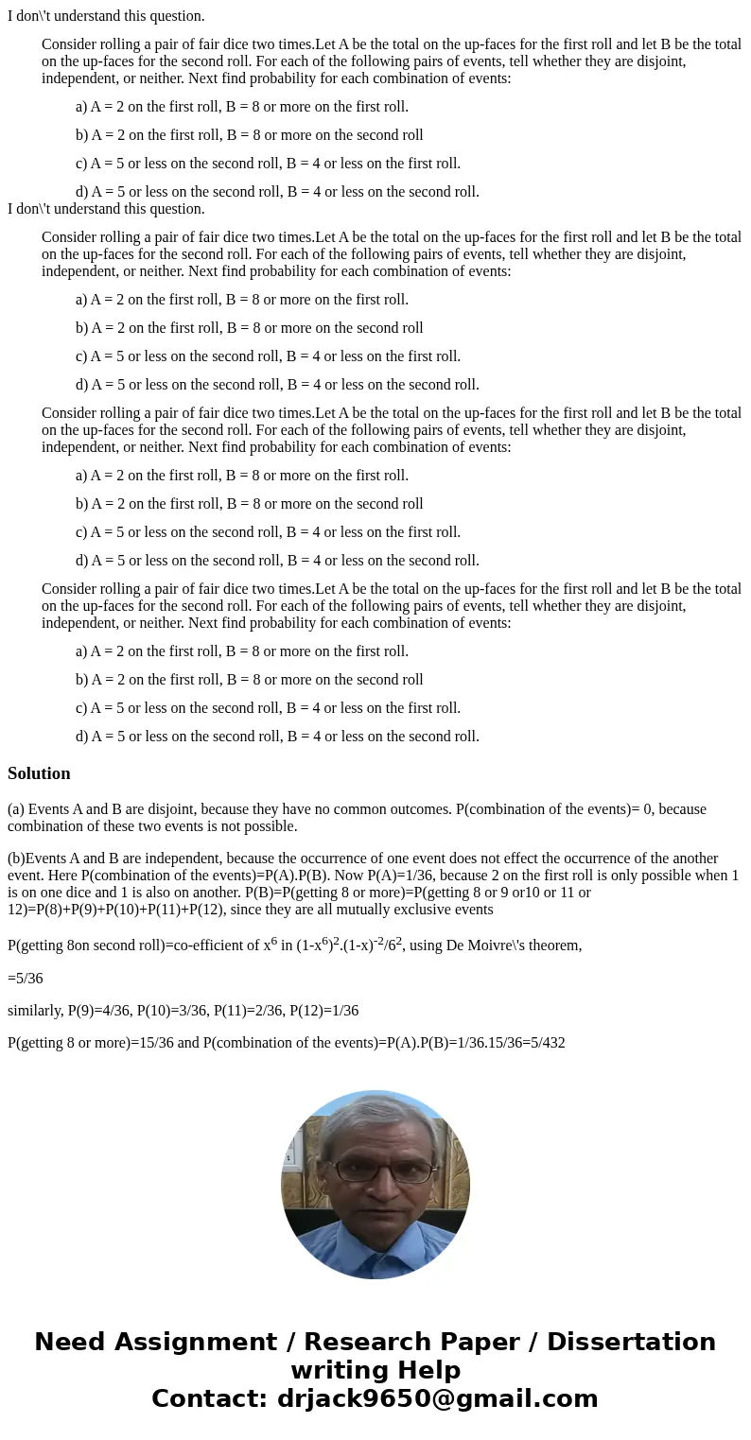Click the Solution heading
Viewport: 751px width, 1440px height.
(39, 773)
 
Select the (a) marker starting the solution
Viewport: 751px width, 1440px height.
(16, 809)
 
